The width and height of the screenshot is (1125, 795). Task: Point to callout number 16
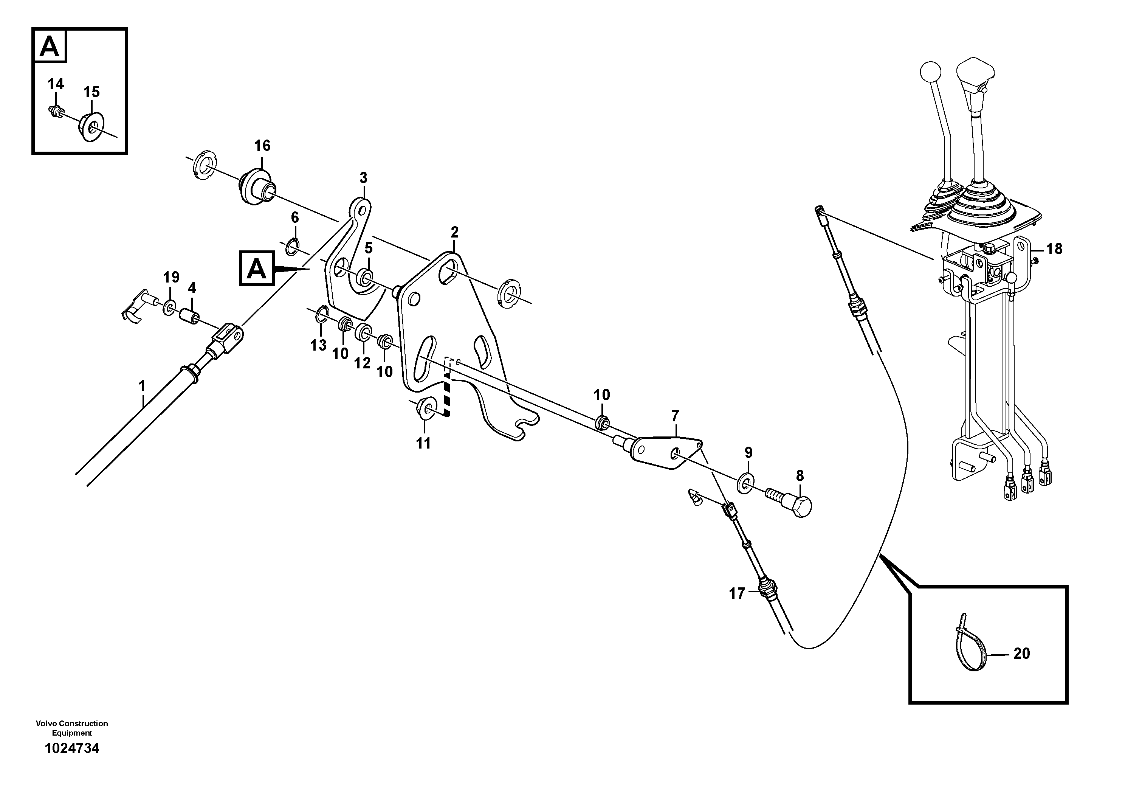(x=262, y=146)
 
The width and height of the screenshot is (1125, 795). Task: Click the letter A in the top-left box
(x=50, y=47)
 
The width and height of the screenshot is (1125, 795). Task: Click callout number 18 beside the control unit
(x=1054, y=249)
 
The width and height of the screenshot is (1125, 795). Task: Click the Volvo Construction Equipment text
(x=71, y=728)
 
